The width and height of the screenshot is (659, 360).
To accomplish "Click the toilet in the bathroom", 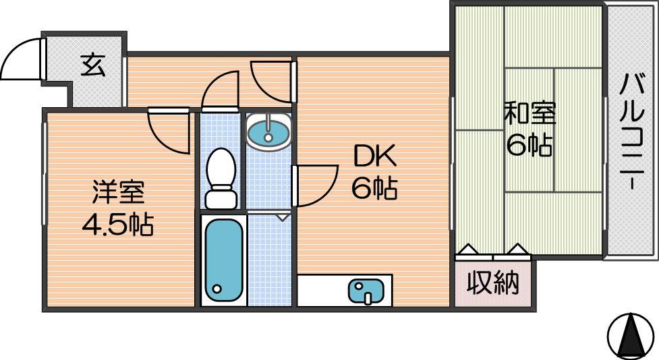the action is coord(221,178).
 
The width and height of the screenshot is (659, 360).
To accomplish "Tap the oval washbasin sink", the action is coord(268,131).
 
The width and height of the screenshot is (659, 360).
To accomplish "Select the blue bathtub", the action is coord(223,260).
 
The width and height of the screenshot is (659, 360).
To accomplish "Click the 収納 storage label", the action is coord(493,282).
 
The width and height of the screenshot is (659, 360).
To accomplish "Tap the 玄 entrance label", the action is coord(93,65).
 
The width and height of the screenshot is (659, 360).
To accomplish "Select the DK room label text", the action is coord(374,156).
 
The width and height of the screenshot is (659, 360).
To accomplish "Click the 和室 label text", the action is coord(529,114).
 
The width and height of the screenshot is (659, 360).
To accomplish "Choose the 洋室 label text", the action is coord(118,192).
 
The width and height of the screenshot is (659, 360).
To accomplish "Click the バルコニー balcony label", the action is coord(632,133).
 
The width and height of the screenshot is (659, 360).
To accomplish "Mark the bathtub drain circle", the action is coord(217,289).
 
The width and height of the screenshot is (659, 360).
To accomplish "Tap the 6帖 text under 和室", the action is coord(529,146).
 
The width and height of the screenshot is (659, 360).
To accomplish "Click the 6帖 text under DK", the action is coord(374,188).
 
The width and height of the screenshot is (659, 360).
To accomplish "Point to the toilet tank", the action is coord(221,199).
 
